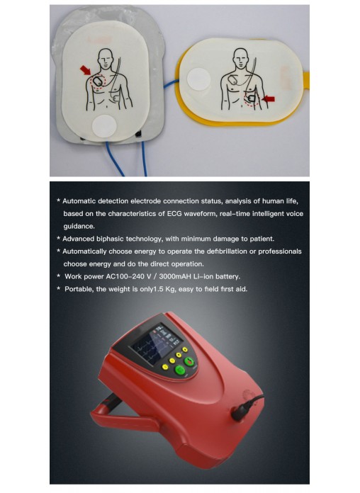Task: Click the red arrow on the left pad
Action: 86,70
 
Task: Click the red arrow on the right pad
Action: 269,98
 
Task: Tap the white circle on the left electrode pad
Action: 104,126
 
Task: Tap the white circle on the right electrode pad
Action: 198,79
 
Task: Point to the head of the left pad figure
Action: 106,59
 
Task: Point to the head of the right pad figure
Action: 241,58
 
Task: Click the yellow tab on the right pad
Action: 306,80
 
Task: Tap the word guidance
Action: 79,227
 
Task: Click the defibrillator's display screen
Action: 156,344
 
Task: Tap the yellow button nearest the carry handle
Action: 165,367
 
